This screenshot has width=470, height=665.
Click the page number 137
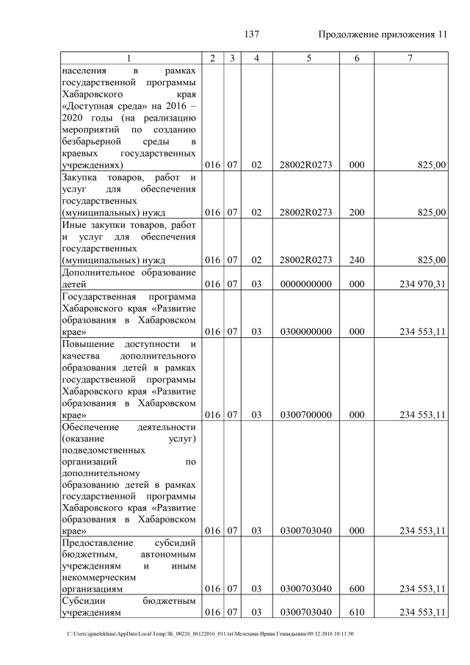pos(253,35)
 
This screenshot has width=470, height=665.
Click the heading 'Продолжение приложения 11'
pos(383,35)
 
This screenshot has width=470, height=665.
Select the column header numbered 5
pos(306,58)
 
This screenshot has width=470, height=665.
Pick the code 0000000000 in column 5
pos(306,284)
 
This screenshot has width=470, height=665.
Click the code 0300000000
pos(306,331)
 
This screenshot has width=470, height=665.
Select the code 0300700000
pos(306,414)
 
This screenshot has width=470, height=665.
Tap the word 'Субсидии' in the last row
pos(84,601)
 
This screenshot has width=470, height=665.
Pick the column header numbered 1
pos(129,58)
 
